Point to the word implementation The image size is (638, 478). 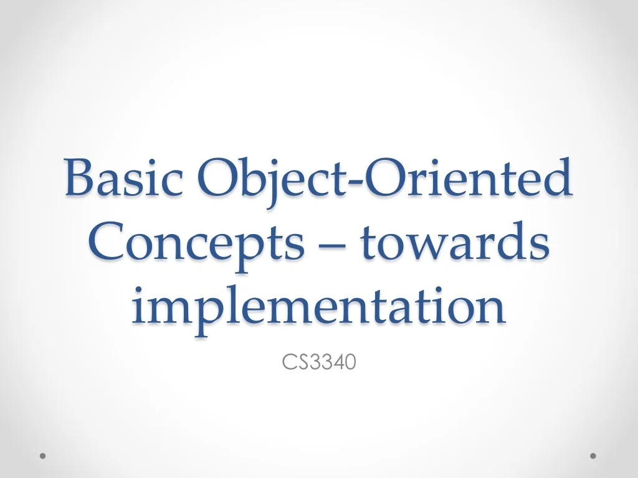pos(318,307)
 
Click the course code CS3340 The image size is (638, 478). pos(319,362)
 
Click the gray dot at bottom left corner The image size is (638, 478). pos(43,456)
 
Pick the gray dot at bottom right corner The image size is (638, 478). pos(593,456)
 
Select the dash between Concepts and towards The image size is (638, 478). pos(333,245)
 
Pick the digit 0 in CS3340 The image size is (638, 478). pos(350,362)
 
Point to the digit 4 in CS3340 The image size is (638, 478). pos(337,362)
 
